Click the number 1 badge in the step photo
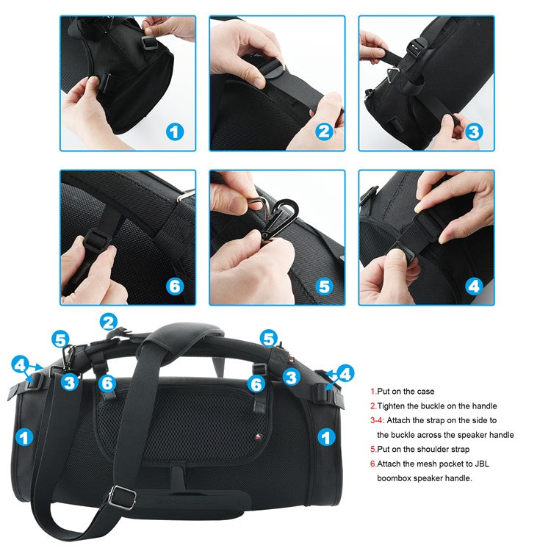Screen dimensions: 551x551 tap(174, 132)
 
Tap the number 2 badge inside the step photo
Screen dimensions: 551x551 tap(324, 132)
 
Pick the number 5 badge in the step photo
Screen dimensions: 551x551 tap(324, 286)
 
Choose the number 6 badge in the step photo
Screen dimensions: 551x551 tap(174, 286)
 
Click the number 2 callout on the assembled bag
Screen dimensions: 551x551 tap(109, 321)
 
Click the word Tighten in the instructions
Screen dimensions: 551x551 tap(393, 406)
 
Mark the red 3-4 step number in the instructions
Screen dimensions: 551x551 tap(378, 421)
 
